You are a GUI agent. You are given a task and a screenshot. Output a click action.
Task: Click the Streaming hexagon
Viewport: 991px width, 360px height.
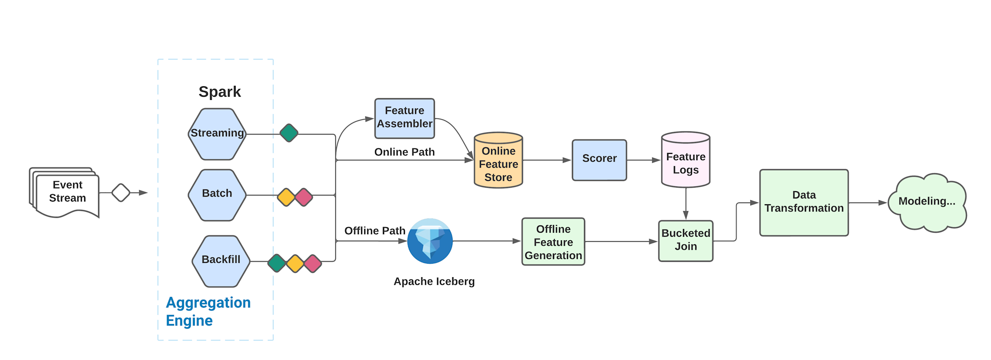[217, 134]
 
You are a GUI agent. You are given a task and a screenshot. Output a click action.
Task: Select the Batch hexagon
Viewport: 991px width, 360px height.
[217, 195]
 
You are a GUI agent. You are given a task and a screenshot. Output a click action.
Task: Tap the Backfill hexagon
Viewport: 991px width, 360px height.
[221, 261]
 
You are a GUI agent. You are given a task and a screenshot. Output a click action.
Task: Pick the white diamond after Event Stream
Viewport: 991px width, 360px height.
[121, 193]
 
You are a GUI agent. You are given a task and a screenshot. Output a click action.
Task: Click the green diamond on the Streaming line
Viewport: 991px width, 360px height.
[289, 133]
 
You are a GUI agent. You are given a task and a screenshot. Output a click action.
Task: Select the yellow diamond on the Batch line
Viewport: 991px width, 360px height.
[286, 197]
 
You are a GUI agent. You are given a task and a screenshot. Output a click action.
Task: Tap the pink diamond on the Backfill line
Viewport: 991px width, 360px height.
[313, 264]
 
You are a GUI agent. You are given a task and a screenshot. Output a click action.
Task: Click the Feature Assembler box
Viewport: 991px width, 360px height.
[404, 118]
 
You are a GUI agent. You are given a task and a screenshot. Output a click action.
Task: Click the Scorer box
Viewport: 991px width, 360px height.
[599, 160]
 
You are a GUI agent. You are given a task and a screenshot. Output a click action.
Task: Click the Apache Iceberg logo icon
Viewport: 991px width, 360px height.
[430, 241]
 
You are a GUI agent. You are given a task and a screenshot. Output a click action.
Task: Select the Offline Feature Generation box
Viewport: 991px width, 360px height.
[553, 242]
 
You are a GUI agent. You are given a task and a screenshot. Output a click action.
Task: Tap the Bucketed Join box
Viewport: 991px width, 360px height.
[686, 241]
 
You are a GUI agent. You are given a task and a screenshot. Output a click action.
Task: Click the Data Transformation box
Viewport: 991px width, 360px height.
[804, 202]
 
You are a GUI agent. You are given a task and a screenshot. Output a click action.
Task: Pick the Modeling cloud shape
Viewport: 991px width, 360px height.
[927, 202]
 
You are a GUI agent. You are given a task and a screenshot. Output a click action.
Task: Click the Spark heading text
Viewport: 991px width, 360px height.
[220, 92]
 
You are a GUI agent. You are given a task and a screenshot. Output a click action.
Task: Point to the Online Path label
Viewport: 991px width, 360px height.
[404, 152]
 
